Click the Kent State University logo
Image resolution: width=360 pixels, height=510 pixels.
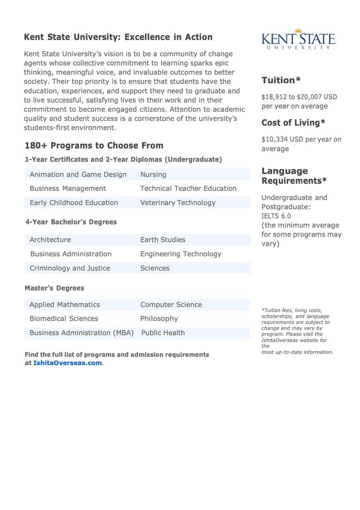click(299, 38)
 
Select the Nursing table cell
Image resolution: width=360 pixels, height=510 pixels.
click(153, 174)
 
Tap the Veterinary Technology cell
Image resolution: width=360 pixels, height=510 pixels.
click(178, 202)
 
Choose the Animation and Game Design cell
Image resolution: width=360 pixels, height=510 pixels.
click(78, 174)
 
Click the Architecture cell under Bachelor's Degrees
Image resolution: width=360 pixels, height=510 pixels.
click(50, 240)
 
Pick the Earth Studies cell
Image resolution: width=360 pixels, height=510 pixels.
click(163, 240)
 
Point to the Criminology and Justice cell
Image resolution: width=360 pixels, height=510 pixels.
click(70, 268)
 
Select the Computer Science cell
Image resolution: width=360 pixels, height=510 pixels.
click(171, 305)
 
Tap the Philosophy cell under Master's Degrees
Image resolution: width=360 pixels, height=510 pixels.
click(159, 319)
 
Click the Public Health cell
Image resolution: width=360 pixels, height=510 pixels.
click(163, 333)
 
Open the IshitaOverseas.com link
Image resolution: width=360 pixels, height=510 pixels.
click(67, 363)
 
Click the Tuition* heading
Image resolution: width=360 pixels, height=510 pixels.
click(281, 80)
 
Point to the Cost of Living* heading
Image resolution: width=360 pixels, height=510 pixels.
click(293, 123)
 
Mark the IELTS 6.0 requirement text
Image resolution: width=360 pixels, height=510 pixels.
click(276, 216)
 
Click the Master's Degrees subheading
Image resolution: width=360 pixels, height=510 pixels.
click(54, 288)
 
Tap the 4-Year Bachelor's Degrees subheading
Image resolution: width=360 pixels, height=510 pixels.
click(71, 222)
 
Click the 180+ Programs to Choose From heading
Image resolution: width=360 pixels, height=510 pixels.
click(94, 145)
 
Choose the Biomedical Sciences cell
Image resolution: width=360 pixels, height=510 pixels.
click(64, 319)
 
